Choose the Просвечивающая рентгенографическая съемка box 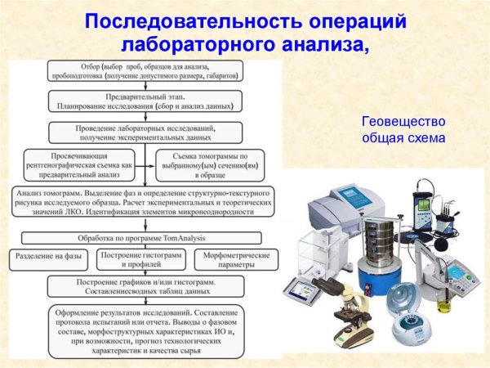click(x=79, y=163)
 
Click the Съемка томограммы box click(x=218, y=164)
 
